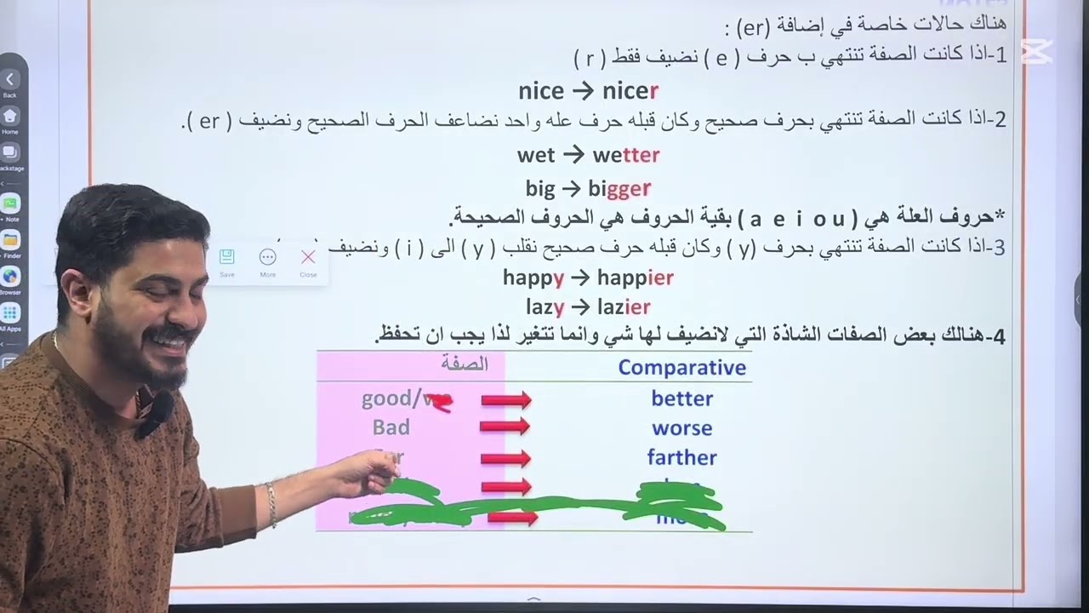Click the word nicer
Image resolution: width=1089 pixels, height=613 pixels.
point(630,91)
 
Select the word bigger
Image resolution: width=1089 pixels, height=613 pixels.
point(619,188)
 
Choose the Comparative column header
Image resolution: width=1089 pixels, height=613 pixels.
point(681,368)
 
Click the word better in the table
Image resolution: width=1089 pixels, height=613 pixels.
point(681,398)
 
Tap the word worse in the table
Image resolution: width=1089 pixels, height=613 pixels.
point(681,428)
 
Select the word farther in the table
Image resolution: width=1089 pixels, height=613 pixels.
point(681,458)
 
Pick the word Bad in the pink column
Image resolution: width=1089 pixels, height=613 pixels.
point(391,427)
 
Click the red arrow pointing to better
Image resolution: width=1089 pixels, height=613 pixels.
point(505,399)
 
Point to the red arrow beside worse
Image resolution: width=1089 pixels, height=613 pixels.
point(505,429)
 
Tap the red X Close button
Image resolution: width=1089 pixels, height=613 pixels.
point(308,257)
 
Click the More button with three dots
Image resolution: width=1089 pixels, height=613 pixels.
point(267,257)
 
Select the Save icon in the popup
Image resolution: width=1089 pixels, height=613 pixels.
point(227,257)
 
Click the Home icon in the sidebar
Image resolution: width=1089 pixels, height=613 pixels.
point(10,116)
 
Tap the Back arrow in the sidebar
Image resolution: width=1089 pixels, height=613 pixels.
point(10,80)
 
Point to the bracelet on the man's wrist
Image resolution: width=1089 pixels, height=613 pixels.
point(271,504)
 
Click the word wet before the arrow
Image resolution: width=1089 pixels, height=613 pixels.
point(535,155)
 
